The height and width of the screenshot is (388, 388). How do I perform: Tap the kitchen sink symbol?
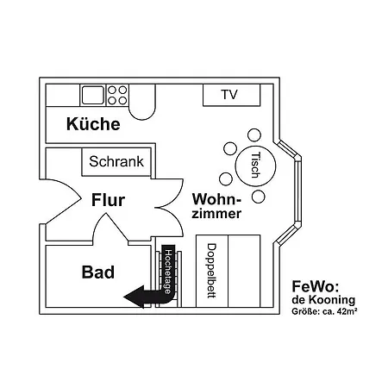tap(92, 95)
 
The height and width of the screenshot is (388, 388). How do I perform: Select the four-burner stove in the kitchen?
tap(117, 95)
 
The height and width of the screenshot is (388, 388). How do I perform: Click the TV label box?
tap(228, 95)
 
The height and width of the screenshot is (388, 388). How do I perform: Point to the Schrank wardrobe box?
tap(118, 161)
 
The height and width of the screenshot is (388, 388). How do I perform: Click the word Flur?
tap(108, 202)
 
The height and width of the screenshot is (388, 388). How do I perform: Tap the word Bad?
tap(98, 273)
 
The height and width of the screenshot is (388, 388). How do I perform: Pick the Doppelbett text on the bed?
tap(211, 270)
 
